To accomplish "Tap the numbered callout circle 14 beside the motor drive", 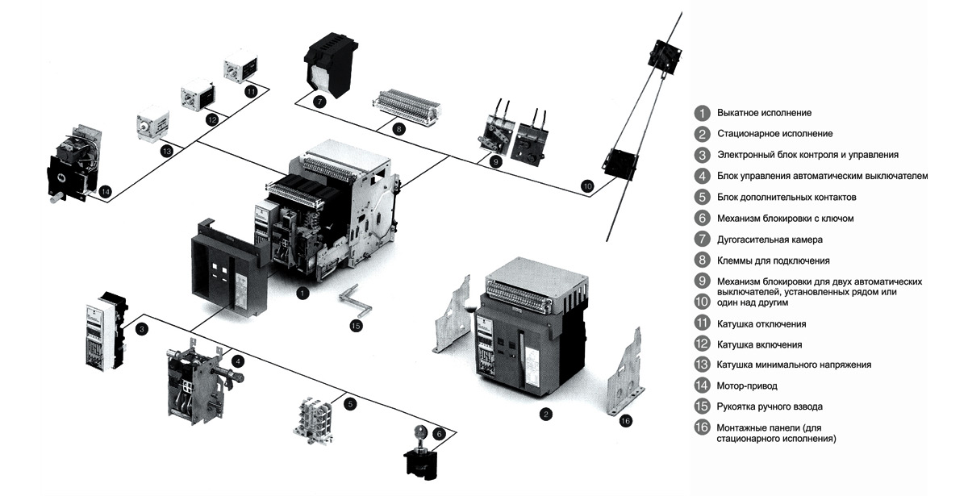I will (x=106, y=191).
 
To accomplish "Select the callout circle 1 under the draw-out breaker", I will (x=302, y=293).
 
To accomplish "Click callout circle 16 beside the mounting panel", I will (x=627, y=420).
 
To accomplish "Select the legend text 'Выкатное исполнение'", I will (x=764, y=112).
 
